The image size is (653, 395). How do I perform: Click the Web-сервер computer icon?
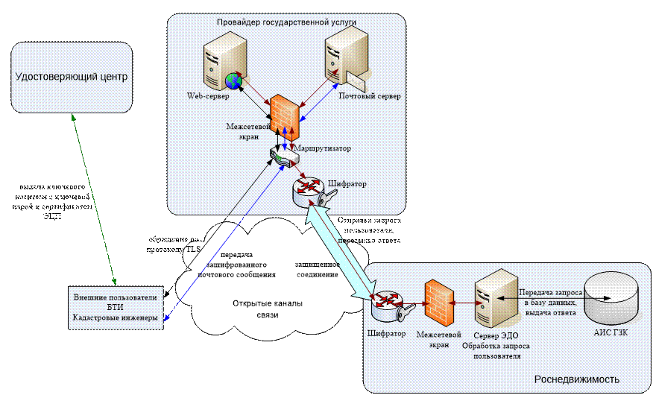221,67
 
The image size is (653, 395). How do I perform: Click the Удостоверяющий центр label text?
72,77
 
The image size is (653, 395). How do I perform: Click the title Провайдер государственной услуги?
286,23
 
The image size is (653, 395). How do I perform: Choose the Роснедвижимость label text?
576,379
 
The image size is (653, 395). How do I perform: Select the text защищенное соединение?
318,269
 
